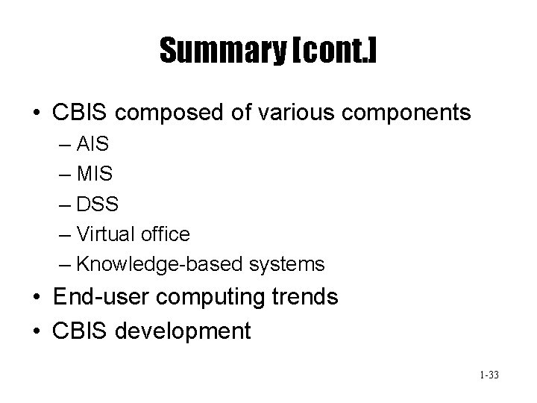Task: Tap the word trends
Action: (x=306, y=298)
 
